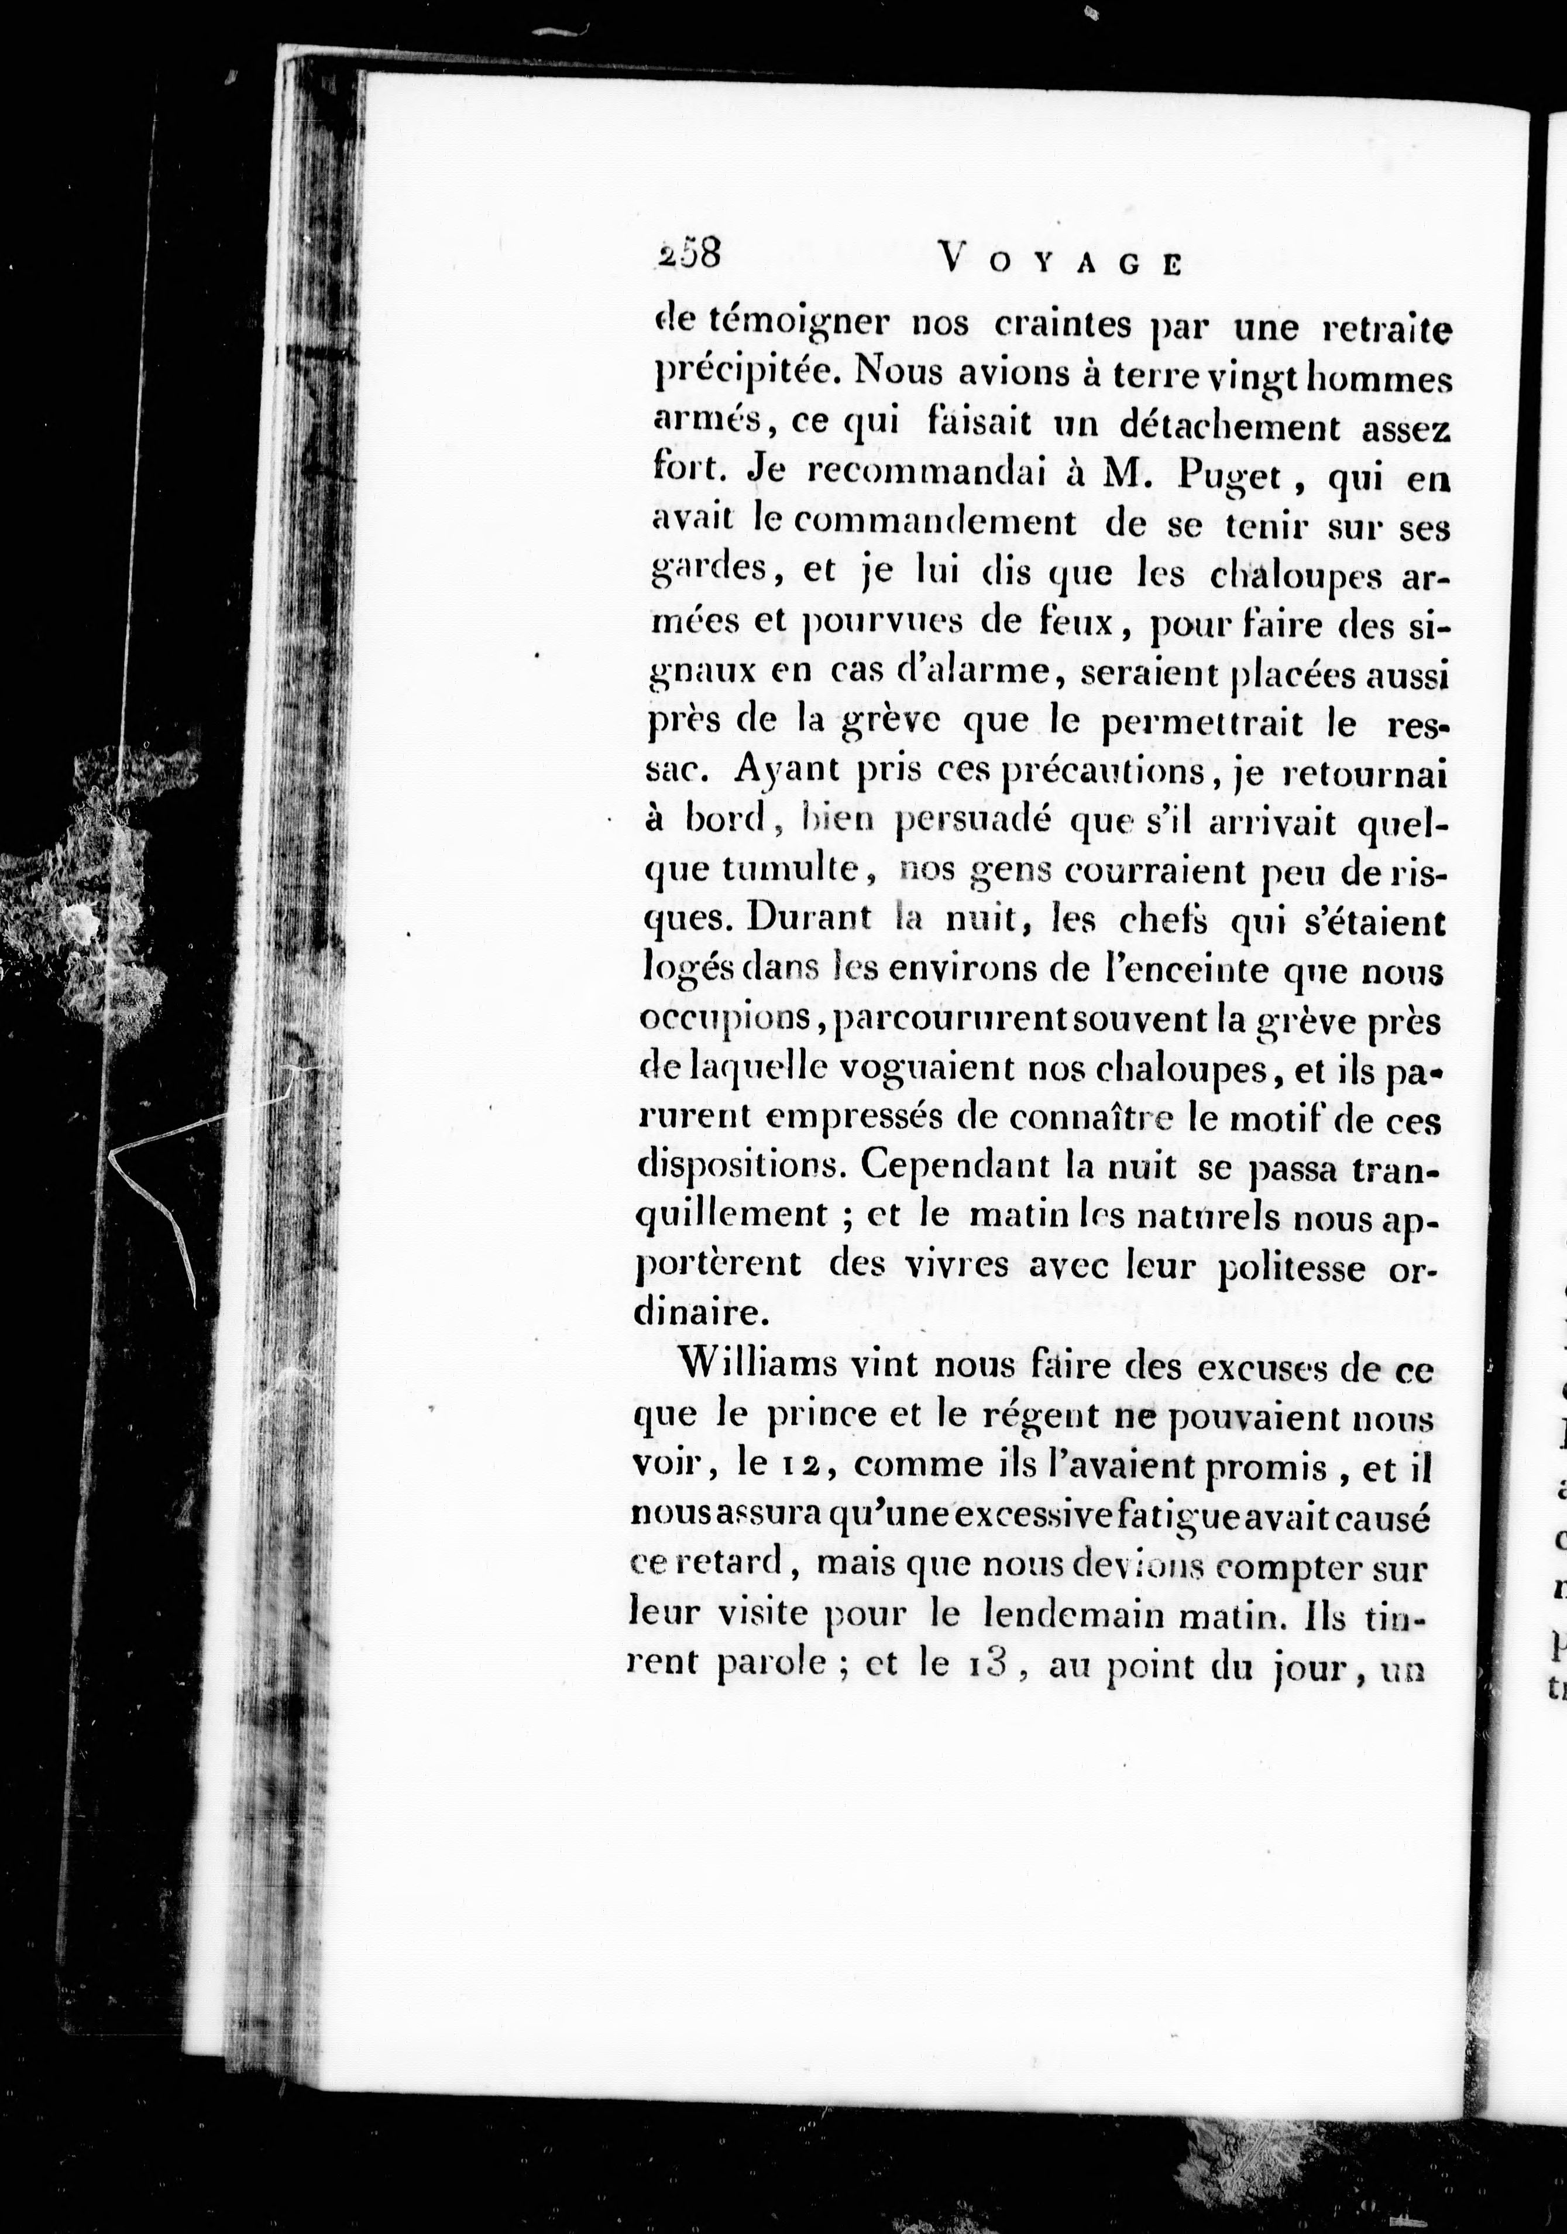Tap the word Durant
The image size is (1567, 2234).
(811, 920)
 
